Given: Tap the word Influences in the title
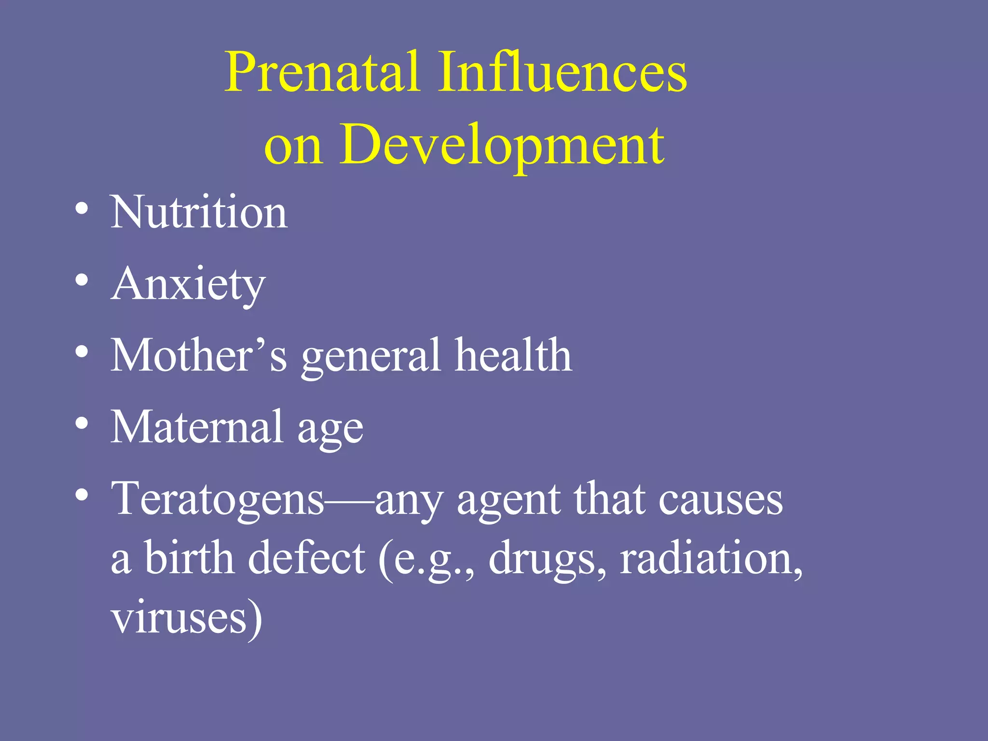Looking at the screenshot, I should (x=563, y=72).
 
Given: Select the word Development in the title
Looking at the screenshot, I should (x=502, y=145).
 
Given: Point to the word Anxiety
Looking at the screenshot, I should (x=188, y=285).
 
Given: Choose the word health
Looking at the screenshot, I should (x=514, y=356).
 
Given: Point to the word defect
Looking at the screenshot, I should (x=307, y=558).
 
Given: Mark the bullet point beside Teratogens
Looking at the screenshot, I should (x=82, y=495).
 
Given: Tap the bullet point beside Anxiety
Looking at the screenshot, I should (x=82, y=280).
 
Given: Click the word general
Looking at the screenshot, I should (x=371, y=357).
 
